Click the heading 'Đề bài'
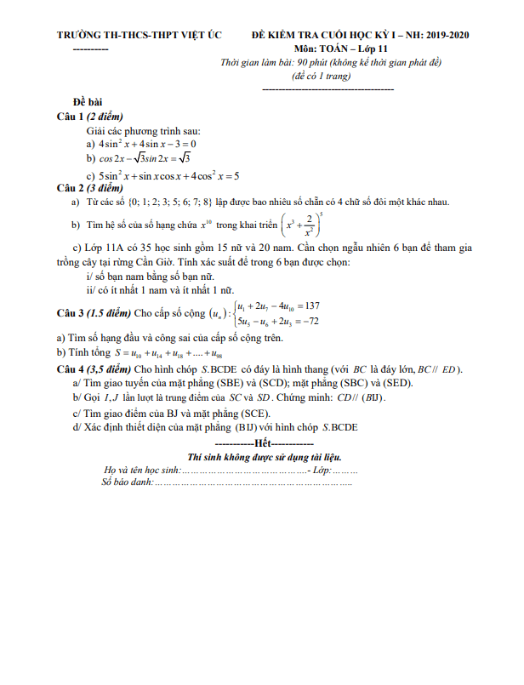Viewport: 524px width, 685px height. (x=87, y=101)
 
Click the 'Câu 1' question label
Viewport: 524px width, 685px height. (x=71, y=116)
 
